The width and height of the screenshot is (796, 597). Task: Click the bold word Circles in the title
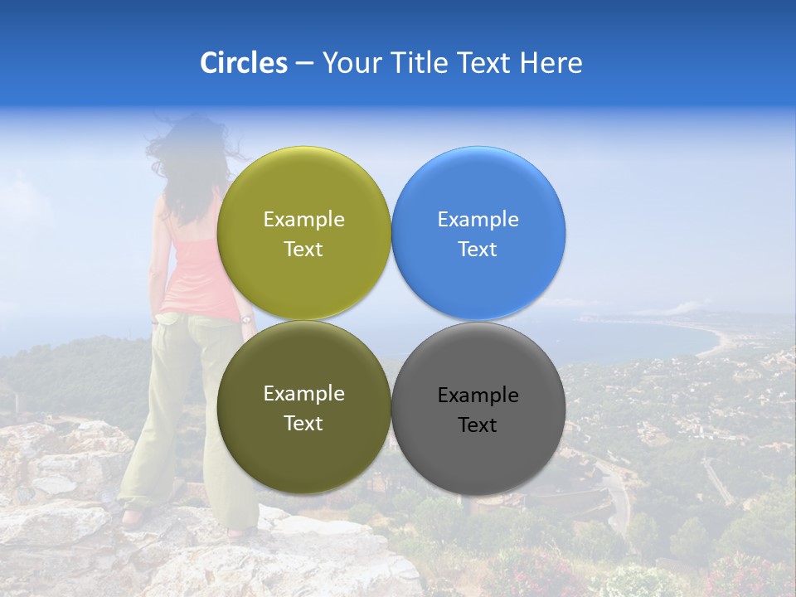[243, 63]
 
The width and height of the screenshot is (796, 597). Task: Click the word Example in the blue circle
[478, 220]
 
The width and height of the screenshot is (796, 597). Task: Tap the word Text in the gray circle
[477, 425]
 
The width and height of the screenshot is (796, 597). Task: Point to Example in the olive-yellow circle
[303, 220]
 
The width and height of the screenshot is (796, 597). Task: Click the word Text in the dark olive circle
[303, 424]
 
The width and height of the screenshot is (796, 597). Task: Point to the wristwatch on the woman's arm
[245, 318]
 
